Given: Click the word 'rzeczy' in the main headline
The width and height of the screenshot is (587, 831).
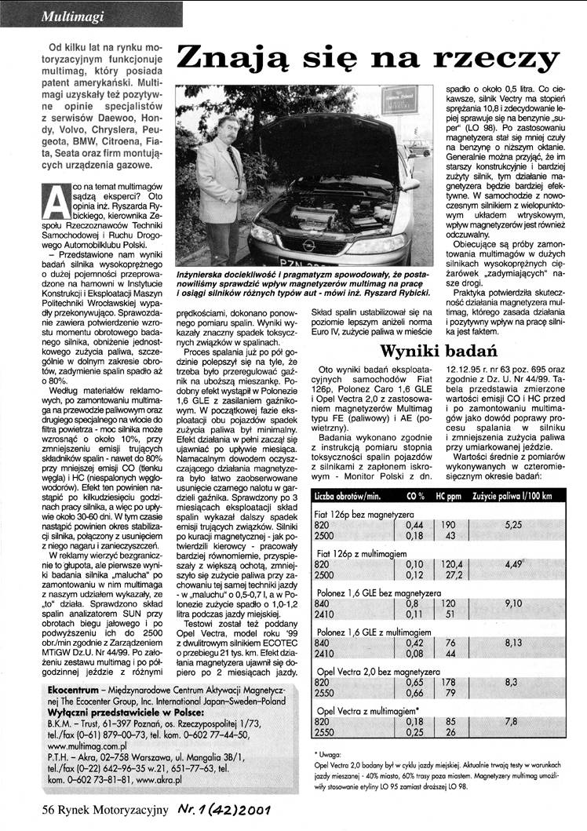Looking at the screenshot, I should tap(497, 59).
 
